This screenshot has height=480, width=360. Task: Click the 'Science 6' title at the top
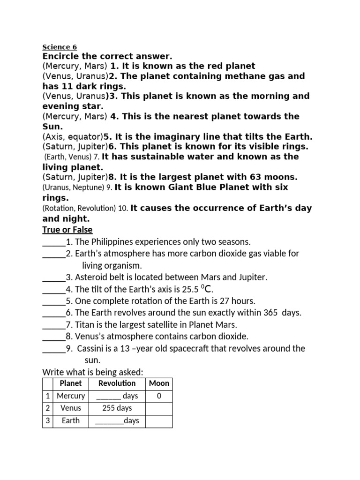pyautogui.click(x=60, y=47)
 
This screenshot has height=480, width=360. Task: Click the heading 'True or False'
pyautogui.click(x=67, y=230)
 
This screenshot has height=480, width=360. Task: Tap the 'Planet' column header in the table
pyautogui.click(x=71, y=383)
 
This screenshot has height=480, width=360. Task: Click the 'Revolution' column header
pyautogui.click(x=117, y=383)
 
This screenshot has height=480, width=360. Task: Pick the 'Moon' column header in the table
pyautogui.click(x=159, y=383)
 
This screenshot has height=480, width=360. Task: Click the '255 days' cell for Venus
pyautogui.click(x=117, y=408)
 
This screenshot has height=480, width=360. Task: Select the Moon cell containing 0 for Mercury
pyautogui.click(x=159, y=396)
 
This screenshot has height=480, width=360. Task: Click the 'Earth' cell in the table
pyautogui.click(x=71, y=420)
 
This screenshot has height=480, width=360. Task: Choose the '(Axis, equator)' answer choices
pyautogui.click(x=73, y=137)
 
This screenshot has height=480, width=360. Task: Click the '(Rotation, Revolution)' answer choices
pyautogui.click(x=78, y=208)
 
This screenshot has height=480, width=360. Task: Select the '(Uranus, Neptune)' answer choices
pyautogui.click(x=73, y=187)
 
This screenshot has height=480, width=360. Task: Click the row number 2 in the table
pyautogui.click(x=47, y=408)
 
